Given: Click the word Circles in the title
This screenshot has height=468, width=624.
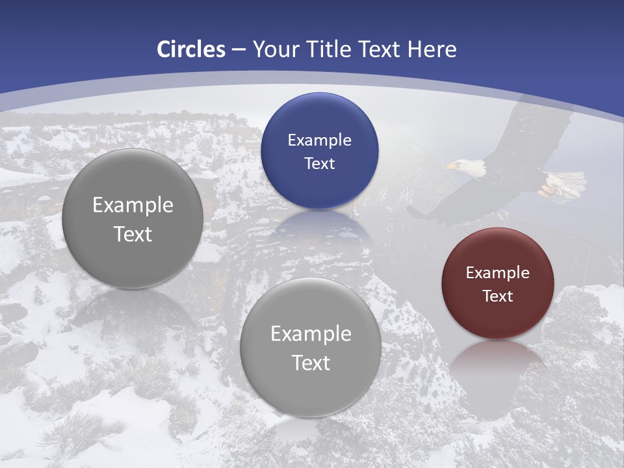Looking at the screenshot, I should point(190,49).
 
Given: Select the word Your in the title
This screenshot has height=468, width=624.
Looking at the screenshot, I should point(276,49).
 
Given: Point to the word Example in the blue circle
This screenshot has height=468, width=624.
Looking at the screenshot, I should point(319,140).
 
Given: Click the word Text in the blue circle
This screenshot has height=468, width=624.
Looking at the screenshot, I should point(319,163).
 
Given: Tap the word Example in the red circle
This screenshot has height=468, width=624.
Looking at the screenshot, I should point(497,273).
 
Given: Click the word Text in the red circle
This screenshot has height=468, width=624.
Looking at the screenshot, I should point(497,296).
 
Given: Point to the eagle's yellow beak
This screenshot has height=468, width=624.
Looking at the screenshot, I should point(450,167).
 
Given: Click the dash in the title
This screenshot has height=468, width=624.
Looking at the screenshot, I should point(238,50).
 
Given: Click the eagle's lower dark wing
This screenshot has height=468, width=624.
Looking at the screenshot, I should point(448,201).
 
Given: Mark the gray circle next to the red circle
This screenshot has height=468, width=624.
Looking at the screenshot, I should point(310,347).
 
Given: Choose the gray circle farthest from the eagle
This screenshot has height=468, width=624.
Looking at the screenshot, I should point(132,218).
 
